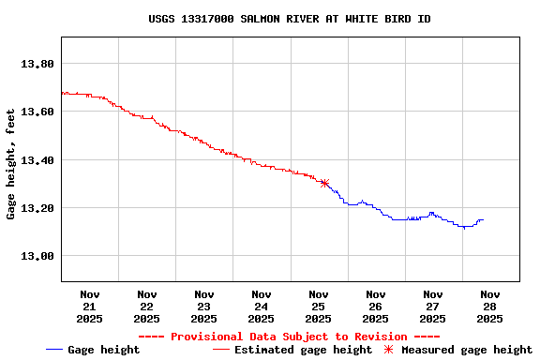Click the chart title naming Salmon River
coord(290,19)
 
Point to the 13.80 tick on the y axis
coord(38,64)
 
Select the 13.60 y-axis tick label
coord(38,112)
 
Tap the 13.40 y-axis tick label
coord(38,159)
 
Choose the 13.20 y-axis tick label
coord(38,207)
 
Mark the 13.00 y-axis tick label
coord(38,255)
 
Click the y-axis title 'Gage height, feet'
coord(11,165)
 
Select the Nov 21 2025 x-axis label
coord(90,306)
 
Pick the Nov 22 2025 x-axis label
coord(147,306)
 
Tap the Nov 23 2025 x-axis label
coord(204,306)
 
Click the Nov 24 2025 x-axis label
coord(262,306)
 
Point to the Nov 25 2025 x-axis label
coord(319,306)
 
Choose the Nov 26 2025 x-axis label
coord(376,306)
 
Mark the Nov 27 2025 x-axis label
coord(433,306)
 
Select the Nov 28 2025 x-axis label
coord(490,306)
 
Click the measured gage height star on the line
coord(324,183)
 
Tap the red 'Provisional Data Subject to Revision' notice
coord(289,337)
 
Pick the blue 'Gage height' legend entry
coord(93,350)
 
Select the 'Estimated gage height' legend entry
coord(292,350)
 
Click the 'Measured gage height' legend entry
coord(457,350)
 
